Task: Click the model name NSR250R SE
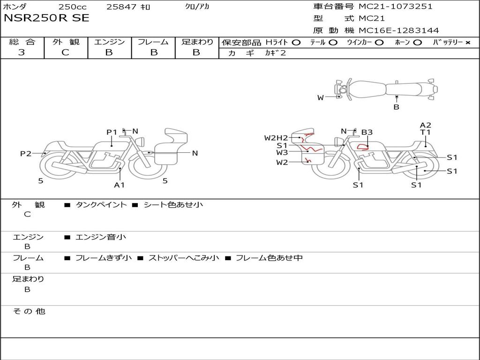pyautogui.click(x=46, y=18)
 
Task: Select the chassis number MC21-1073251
pyautogui.click(x=396, y=7)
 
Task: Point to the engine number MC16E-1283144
pyautogui.click(x=399, y=30)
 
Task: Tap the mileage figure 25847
pyautogui.click(x=121, y=7)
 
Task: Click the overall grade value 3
pyautogui.click(x=22, y=52)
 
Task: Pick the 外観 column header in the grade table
pyautogui.click(x=66, y=42)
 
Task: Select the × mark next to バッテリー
pyautogui.click(x=467, y=43)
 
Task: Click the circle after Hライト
pyautogui.click(x=296, y=43)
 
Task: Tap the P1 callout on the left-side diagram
pyautogui.click(x=112, y=132)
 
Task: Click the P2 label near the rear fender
pyautogui.click(x=26, y=153)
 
